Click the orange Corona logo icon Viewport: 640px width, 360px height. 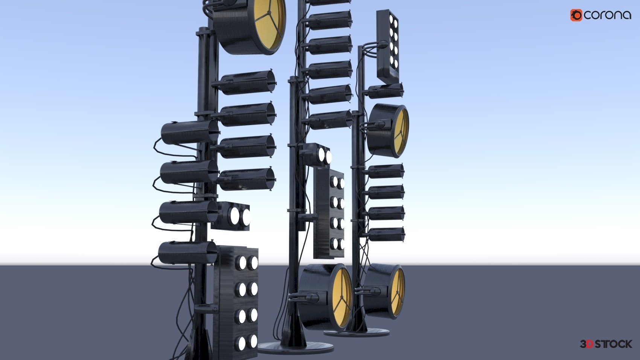pos(576,15)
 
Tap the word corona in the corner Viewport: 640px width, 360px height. pos(607,15)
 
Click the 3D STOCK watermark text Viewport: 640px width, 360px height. pos(606,344)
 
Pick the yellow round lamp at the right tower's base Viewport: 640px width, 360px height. pos(384,291)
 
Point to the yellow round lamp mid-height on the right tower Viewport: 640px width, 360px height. pos(388,131)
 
